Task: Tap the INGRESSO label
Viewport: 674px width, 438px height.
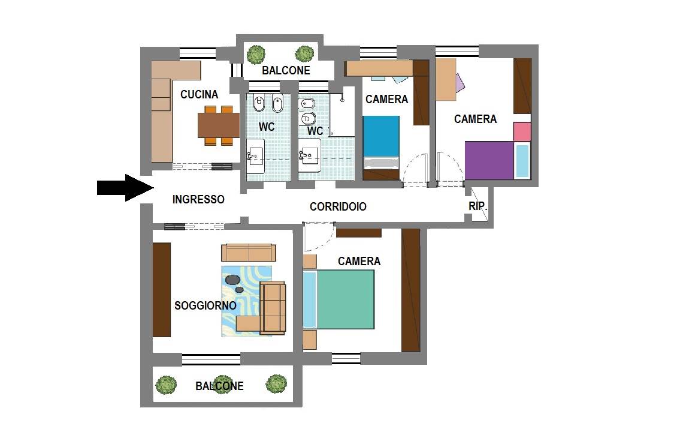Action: point(198,199)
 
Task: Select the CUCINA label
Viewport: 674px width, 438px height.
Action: point(199,94)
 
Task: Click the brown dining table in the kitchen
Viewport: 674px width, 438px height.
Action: point(219,125)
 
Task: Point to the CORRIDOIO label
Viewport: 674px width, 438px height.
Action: point(338,207)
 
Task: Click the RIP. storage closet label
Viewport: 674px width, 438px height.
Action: point(477,206)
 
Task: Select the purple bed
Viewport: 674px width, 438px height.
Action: point(489,160)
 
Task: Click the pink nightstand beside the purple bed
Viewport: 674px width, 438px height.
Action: point(522,132)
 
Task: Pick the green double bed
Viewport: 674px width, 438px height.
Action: point(345,299)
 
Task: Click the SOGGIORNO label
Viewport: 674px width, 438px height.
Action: point(205,306)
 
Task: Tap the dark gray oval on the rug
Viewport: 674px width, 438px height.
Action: point(232,280)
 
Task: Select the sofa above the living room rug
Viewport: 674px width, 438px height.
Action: point(249,253)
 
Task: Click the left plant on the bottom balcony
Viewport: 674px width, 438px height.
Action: point(166,385)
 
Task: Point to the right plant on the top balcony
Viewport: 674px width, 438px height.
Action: point(305,54)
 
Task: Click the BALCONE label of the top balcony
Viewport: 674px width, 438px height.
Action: point(286,70)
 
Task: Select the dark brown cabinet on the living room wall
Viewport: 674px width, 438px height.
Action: point(162,289)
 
